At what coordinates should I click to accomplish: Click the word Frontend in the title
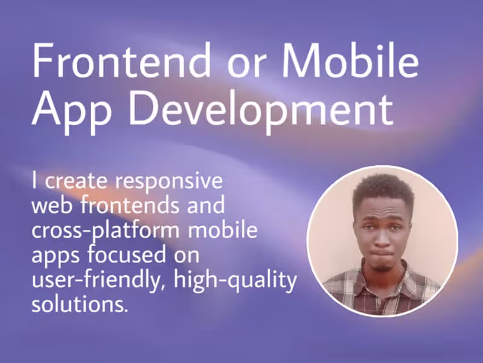[121, 60]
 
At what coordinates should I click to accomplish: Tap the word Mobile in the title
[351, 60]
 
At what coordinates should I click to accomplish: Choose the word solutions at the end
[80, 304]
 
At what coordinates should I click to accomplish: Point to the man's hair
[383, 191]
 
